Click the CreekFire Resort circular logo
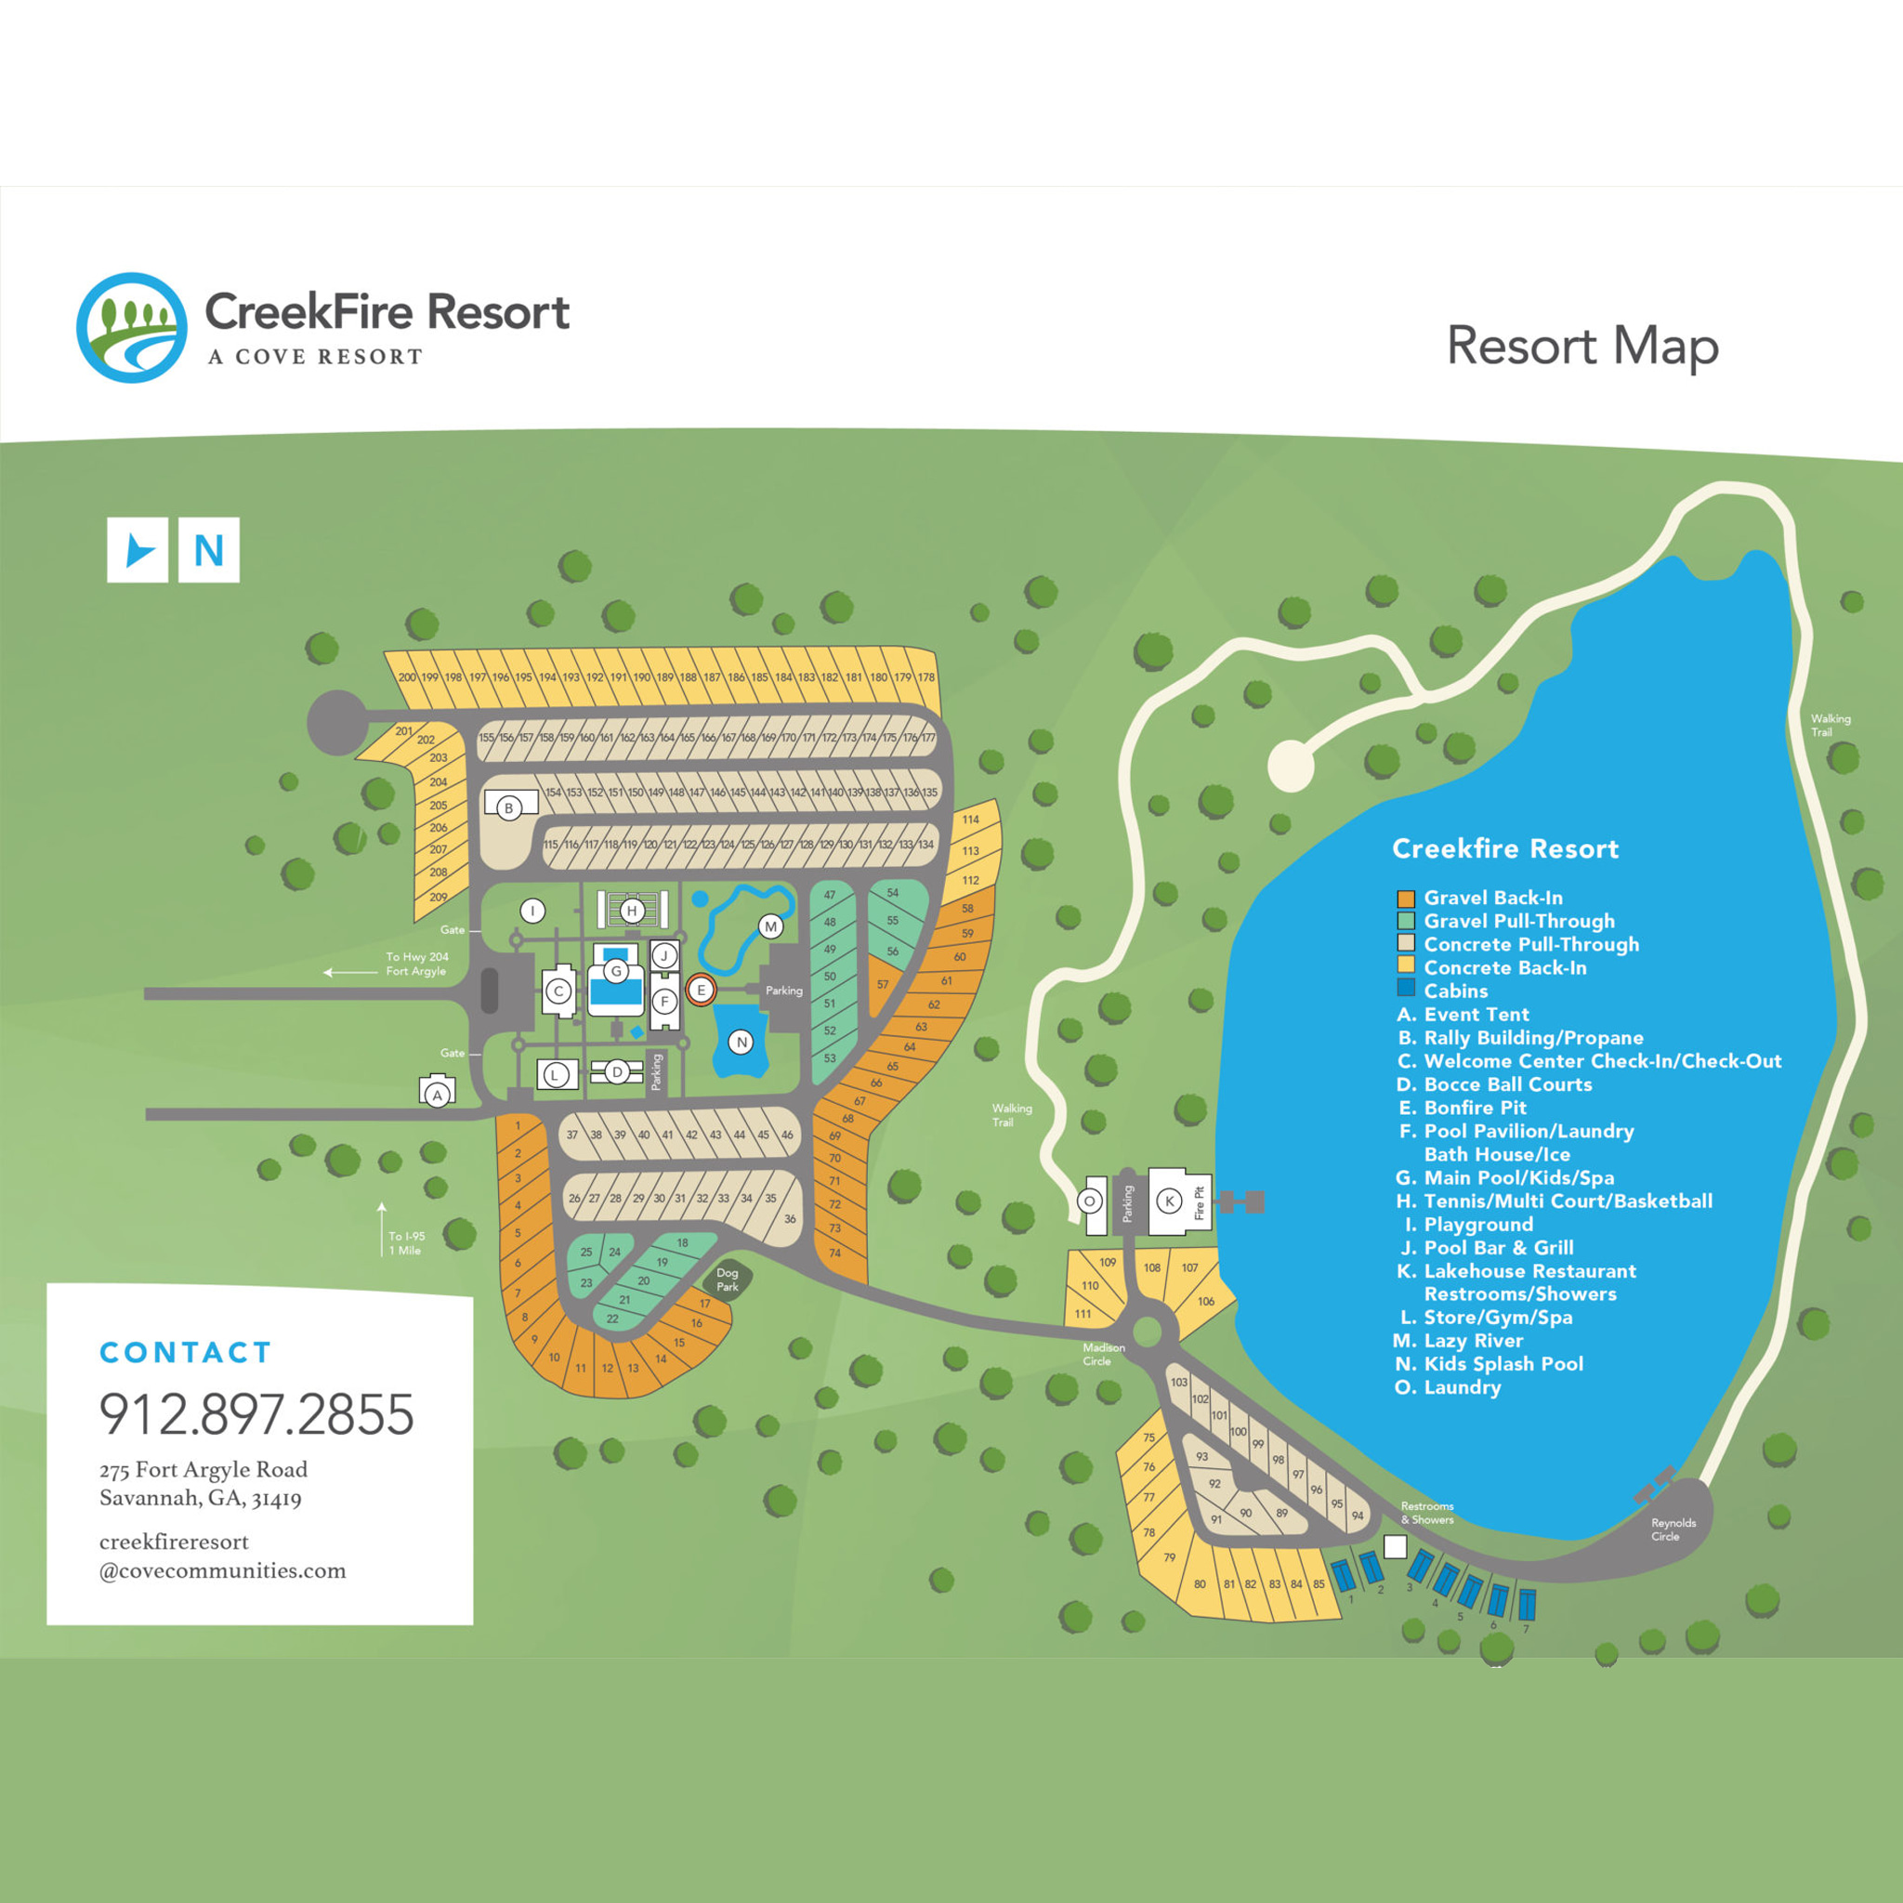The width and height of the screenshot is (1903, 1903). tap(131, 328)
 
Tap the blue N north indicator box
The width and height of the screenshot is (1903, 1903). tap(209, 550)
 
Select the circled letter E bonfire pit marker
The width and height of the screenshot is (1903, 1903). tap(701, 989)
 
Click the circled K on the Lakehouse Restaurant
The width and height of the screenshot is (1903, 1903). tap(1169, 1201)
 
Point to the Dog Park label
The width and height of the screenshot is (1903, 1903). tap(727, 1280)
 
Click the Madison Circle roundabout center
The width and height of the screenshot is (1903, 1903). tap(1148, 1332)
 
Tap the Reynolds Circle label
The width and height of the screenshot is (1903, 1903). tap(1673, 1529)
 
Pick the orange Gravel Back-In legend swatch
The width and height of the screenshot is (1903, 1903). tap(1406, 899)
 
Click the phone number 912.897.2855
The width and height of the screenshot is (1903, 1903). tap(256, 1413)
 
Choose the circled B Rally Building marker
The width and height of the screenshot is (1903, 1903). tap(508, 808)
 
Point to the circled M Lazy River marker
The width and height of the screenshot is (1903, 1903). tap(770, 925)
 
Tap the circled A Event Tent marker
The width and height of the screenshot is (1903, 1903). tap(438, 1095)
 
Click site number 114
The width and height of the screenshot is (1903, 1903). tap(970, 820)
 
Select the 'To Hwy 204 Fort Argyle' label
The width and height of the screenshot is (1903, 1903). tap(415, 964)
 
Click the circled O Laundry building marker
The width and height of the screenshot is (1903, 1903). tap(1089, 1201)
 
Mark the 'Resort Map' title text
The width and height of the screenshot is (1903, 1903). tap(1581, 347)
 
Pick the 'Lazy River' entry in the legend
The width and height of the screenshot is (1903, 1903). tap(1473, 1341)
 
